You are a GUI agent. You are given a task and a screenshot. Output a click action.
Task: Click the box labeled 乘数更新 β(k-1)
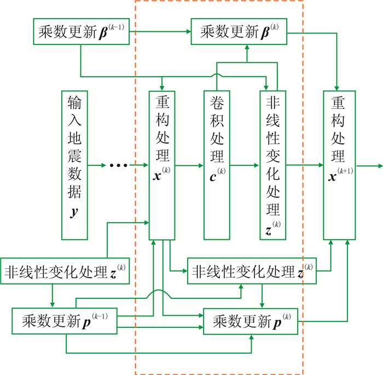tap(81, 31)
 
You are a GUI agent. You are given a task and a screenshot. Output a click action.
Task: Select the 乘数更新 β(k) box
tap(246, 31)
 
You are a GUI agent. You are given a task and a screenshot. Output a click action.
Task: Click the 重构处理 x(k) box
tap(163, 165)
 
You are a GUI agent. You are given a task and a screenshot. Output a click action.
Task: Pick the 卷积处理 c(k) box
tap(217, 165)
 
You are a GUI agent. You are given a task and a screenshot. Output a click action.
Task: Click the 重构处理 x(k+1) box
tap(336, 165)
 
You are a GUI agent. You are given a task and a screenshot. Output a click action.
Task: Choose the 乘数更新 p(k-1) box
tap(65, 321)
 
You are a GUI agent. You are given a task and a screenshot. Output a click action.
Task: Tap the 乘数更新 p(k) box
tap(251, 321)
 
